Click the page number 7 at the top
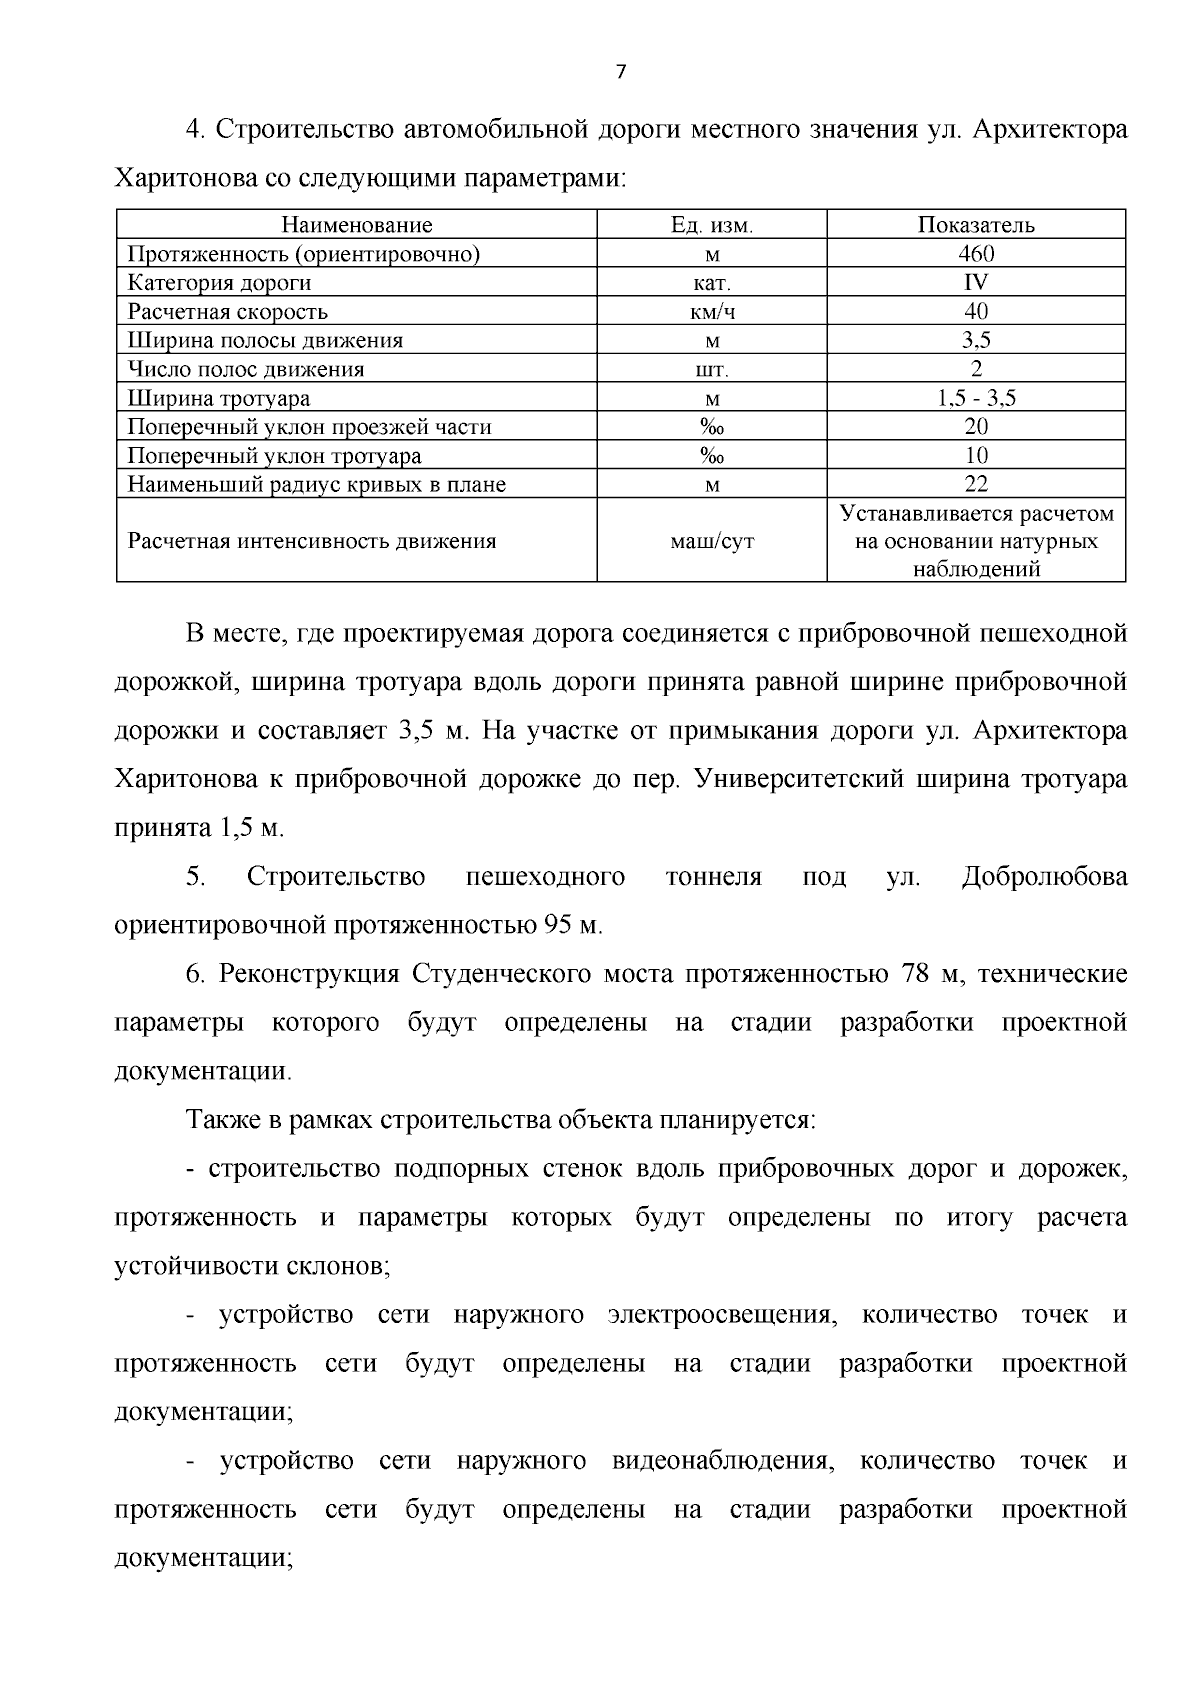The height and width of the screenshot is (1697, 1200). [620, 72]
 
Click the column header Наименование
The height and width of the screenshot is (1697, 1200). [356, 225]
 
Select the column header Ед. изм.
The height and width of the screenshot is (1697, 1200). [711, 225]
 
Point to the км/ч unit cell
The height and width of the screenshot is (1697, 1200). [711, 312]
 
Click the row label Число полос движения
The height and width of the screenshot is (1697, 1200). [246, 370]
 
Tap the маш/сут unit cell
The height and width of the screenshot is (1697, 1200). [711, 542]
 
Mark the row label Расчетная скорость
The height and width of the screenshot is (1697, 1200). [228, 312]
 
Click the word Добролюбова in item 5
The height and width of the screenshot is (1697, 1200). [1044, 877]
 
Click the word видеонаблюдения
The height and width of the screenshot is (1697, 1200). [722, 1461]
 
